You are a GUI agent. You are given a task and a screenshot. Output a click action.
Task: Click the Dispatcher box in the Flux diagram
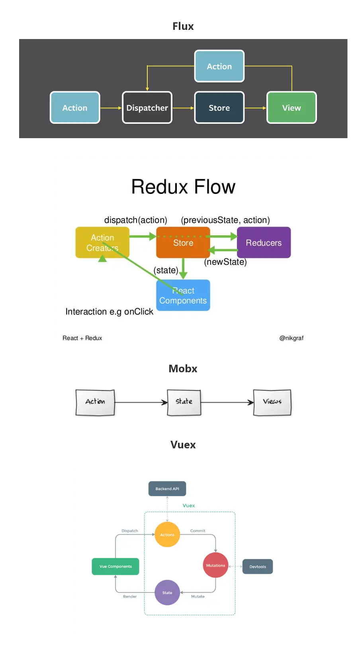(147, 108)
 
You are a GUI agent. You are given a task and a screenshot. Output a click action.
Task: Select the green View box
(292, 108)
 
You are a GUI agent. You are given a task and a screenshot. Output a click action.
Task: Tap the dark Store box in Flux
(219, 108)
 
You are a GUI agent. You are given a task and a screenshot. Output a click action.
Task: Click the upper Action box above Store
(219, 66)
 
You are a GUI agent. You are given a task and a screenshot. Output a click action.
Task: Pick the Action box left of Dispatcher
(75, 108)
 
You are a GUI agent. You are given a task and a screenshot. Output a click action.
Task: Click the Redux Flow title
(183, 187)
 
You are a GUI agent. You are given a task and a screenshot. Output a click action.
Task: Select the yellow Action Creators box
(102, 242)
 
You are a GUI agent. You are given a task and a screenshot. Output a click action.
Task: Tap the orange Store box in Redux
(183, 242)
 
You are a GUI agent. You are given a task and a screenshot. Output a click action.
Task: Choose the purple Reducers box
(264, 242)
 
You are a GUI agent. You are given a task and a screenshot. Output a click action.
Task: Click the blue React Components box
(183, 295)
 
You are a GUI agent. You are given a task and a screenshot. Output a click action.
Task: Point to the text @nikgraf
(291, 338)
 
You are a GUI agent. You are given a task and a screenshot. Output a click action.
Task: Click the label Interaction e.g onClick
(109, 312)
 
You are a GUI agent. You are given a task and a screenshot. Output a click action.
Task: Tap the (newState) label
(225, 262)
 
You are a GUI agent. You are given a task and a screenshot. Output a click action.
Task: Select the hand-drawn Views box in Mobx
(272, 402)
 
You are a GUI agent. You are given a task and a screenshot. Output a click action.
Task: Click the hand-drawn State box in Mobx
(184, 402)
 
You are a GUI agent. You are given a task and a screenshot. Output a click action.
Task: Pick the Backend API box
(167, 489)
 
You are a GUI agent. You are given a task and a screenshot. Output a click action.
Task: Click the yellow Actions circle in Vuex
(167, 535)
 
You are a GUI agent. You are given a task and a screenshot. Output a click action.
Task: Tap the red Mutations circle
(215, 565)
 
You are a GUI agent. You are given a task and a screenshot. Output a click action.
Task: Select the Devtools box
(258, 567)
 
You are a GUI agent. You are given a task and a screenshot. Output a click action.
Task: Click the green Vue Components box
(115, 567)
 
